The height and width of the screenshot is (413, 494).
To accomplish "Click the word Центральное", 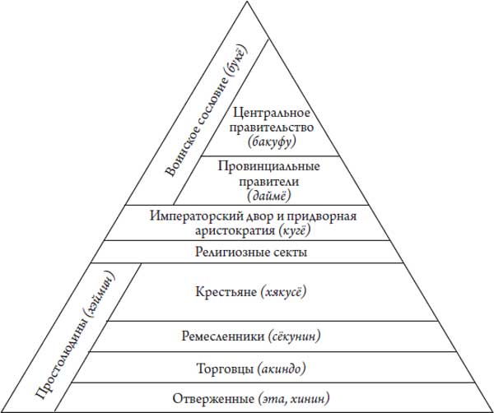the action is pyautogui.click(x=271, y=114).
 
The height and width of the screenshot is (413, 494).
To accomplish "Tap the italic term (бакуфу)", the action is pyautogui.click(x=272, y=142).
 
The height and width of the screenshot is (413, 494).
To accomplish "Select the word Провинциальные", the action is pyautogui.click(x=268, y=166).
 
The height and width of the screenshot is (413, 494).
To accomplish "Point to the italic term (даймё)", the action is pyautogui.click(x=268, y=196).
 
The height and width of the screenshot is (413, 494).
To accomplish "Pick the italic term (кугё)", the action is pyautogui.click(x=294, y=230).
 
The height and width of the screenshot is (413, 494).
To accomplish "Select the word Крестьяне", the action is pyautogui.click(x=226, y=292).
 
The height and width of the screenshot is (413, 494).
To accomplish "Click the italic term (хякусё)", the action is pyautogui.click(x=283, y=292).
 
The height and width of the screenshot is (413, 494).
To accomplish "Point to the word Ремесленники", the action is pyautogui.click(x=223, y=336).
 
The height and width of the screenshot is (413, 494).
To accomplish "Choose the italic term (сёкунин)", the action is pyautogui.click(x=294, y=336).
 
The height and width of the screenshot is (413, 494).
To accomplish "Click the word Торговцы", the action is pyautogui.click(x=225, y=369).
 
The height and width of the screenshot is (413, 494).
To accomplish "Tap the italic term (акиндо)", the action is pyautogui.click(x=282, y=369).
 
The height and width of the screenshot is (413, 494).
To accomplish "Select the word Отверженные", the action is pyautogui.click(x=213, y=399).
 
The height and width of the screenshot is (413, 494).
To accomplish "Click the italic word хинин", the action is pyautogui.click(x=310, y=399).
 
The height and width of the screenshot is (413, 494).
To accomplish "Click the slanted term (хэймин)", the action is pyautogui.click(x=98, y=294).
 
